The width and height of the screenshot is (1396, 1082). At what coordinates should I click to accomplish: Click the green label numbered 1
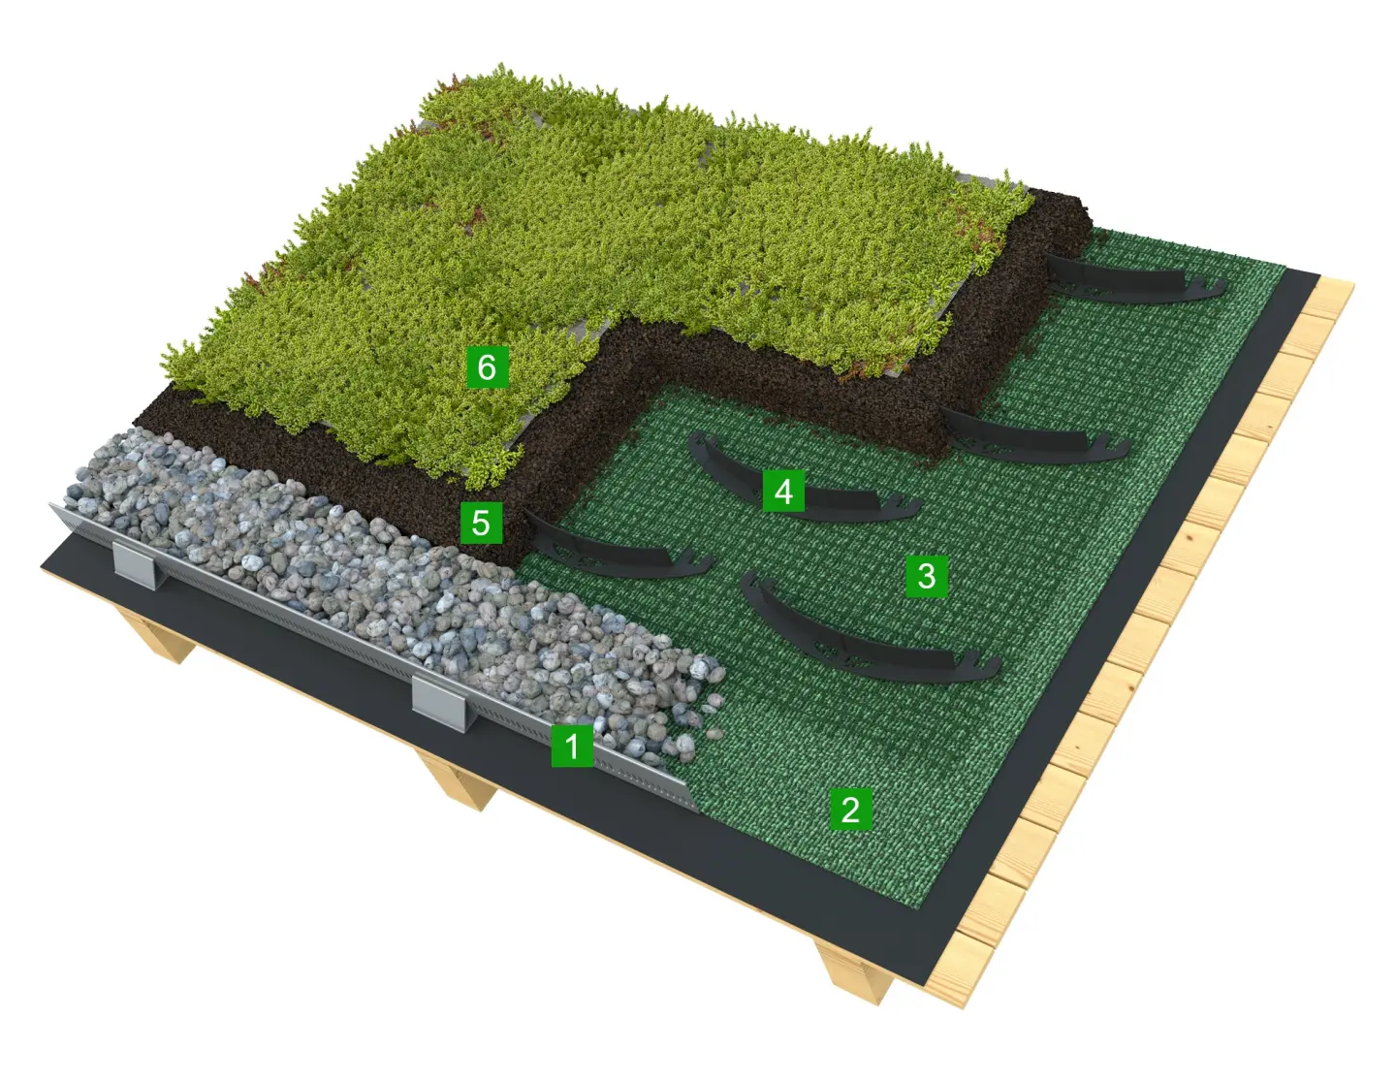tap(572, 746)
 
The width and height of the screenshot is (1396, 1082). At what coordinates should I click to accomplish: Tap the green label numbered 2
tap(851, 809)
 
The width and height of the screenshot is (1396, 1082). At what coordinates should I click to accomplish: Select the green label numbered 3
tap(927, 576)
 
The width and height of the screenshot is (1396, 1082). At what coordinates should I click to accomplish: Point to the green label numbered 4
tap(783, 492)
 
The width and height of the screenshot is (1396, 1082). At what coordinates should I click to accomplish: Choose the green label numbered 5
tap(481, 523)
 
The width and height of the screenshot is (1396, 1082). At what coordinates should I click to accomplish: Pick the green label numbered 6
tap(487, 366)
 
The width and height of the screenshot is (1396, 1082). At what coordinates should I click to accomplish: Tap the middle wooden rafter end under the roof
tap(458, 780)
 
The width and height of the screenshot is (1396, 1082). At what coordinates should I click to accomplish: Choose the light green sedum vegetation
tap(578, 257)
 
